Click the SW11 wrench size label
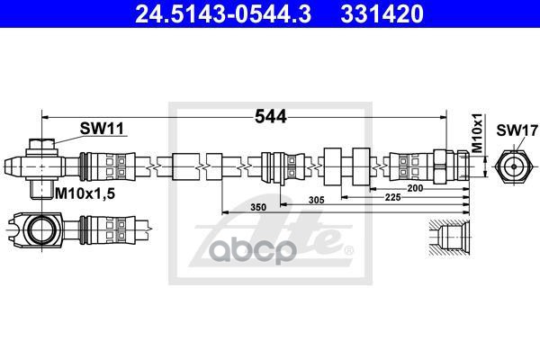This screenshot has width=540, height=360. pyautogui.click(x=101, y=129)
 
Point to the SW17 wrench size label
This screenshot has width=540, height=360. pyautogui.click(x=512, y=129)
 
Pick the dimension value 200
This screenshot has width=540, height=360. pyautogui.click(x=415, y=188)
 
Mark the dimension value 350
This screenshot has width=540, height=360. pyautogui.click(x=257, y=208)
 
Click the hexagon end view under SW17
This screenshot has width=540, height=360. pyautogui.click(x=512, y=166)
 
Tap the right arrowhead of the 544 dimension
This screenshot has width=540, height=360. pyautogui.click(x=443, y=117)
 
